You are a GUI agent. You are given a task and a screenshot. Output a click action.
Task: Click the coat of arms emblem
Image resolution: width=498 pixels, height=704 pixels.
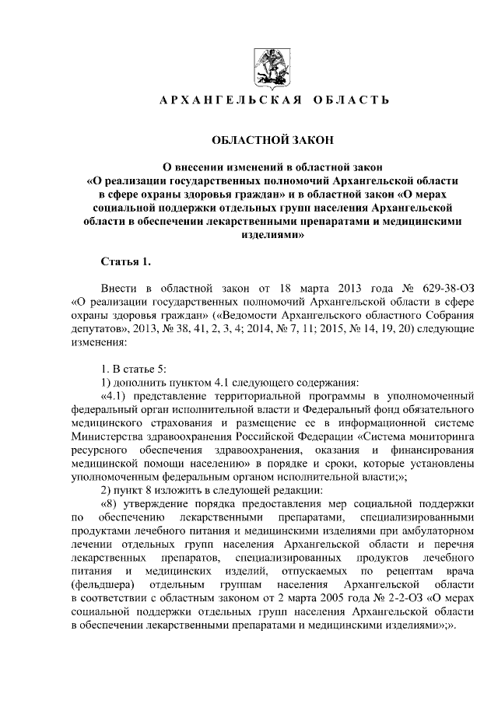point(271,68)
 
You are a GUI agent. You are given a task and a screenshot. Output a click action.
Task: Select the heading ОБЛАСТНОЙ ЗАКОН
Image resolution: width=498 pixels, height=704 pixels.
point(272,140)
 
